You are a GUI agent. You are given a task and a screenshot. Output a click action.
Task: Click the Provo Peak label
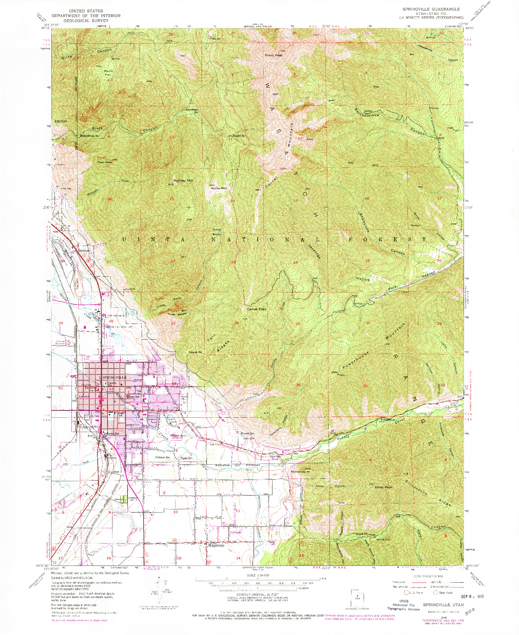coord(274,55)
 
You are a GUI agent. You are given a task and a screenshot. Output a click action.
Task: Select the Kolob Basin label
coord(217,232)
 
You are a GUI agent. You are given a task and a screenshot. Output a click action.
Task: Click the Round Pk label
coord(194,352)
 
